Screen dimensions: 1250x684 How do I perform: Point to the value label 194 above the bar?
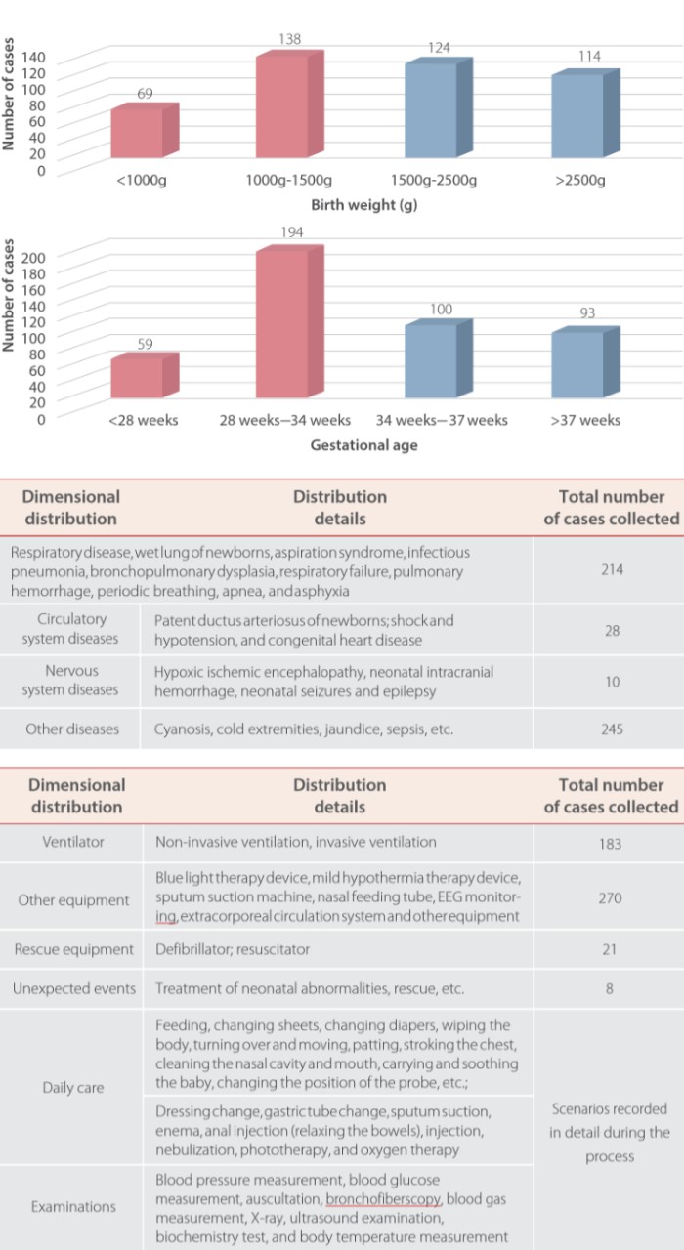tap(290, 232)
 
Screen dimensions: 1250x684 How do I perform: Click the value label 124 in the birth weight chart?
tap(439, 48)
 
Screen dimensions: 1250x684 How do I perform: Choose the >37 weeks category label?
tap(585, 420)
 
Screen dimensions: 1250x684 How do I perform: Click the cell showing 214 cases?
tap(611, 569)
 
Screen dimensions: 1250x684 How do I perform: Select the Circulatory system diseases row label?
tap(77, 629)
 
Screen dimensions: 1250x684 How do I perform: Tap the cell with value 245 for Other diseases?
tap(611, 729)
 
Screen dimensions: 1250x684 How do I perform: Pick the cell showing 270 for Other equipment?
tap(610, 898)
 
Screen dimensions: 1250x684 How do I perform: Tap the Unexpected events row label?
tap(74, 989)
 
